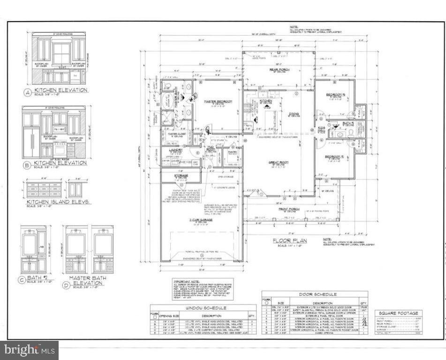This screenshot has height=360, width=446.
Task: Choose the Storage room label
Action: click(x=181, y=176)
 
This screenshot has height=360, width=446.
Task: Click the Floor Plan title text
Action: click(x=290, y=240)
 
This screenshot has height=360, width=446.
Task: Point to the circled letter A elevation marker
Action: click(x=27, y=92)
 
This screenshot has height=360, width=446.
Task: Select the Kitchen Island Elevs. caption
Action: click(x=58, y=202)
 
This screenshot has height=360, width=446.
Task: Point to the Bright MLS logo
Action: click(x=29, y=349)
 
